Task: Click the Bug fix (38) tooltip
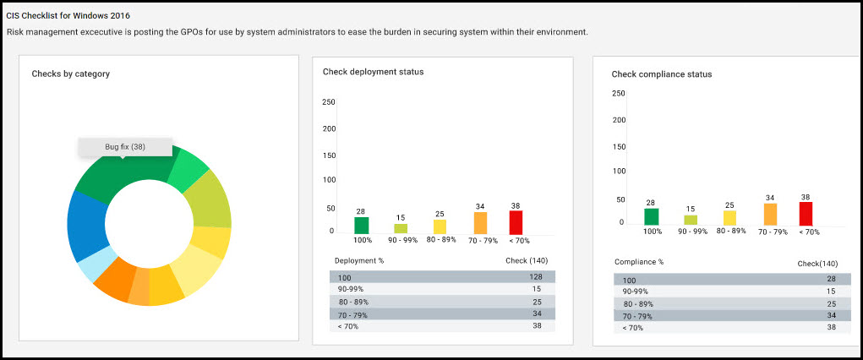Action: point(125,147)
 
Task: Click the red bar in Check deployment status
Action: point(516,222)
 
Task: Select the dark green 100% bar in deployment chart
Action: point(361,225)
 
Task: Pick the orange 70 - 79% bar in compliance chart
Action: point(770,215)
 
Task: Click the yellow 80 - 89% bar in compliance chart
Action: point(729,218)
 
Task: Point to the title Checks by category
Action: point(70,74)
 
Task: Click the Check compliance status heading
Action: point(661,74)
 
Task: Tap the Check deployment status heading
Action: point(373,72)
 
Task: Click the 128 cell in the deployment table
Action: point(536,277)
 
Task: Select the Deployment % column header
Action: point(359,260)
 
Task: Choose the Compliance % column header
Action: point(639,262)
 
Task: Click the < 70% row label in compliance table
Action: point(632,328)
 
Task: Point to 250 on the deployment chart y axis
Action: point(329,102)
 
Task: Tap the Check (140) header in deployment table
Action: point(527,260)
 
